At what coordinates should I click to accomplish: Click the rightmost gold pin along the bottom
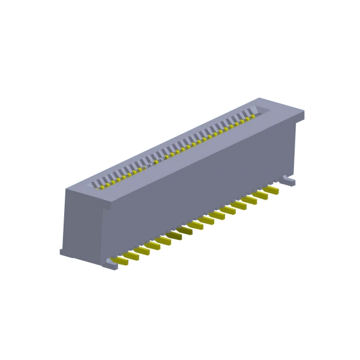click(x=271, y=190)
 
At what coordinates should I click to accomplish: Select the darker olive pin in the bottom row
click(x=184, y=230)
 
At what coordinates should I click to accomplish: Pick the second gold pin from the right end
click(x=260, y=195)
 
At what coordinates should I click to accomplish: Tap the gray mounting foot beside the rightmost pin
click(x=289, y=181)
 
